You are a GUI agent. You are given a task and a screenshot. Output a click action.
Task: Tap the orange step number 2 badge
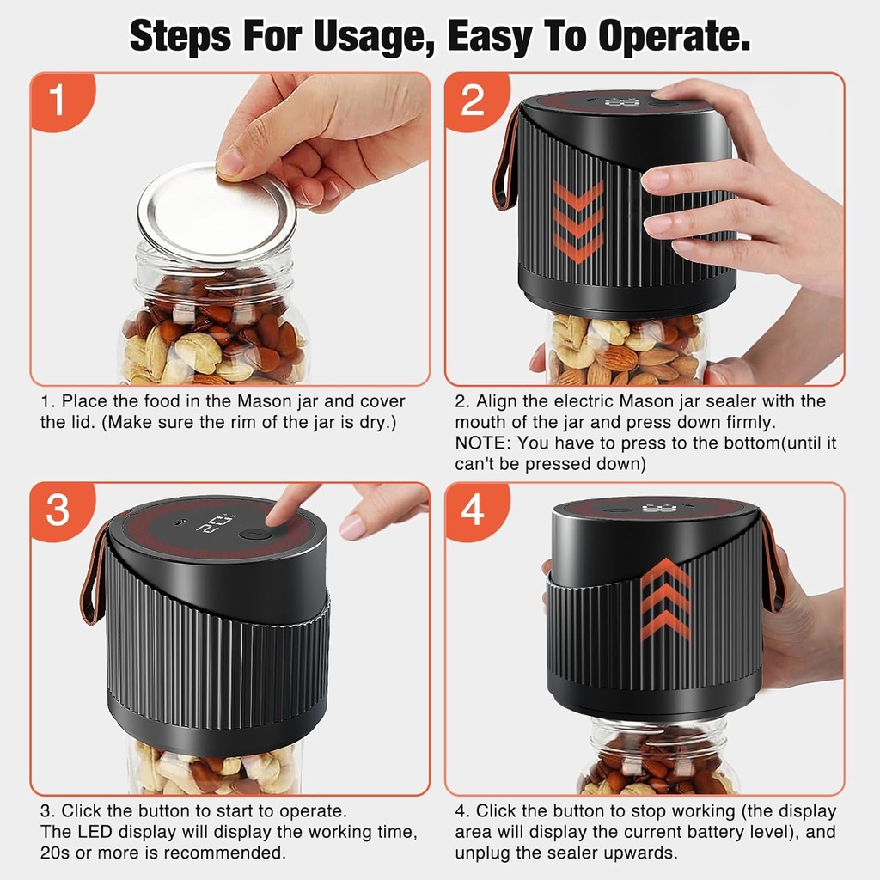coord(474,101)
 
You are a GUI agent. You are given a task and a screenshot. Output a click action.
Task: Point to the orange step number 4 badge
coord(474,510)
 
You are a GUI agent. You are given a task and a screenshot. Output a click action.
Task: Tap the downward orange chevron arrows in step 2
coord(577,221)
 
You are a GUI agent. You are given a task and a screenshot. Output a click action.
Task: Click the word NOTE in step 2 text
coord(482,443)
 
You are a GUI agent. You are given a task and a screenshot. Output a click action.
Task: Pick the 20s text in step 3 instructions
coord(55,853)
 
